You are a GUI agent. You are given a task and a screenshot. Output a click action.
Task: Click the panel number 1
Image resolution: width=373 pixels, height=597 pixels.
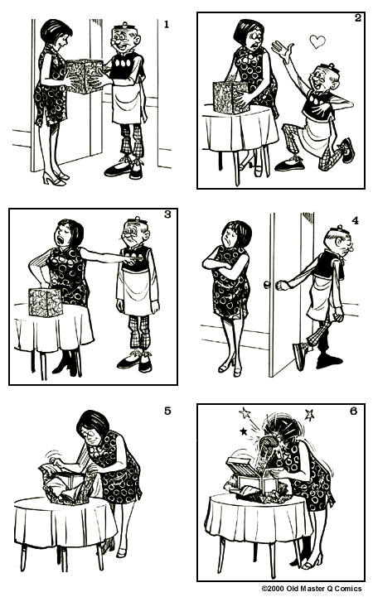point(166,25)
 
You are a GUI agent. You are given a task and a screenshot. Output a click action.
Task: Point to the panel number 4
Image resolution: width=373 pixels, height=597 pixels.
point(354,221)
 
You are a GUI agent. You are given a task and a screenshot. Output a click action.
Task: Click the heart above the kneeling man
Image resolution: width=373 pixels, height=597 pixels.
point(316,40)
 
